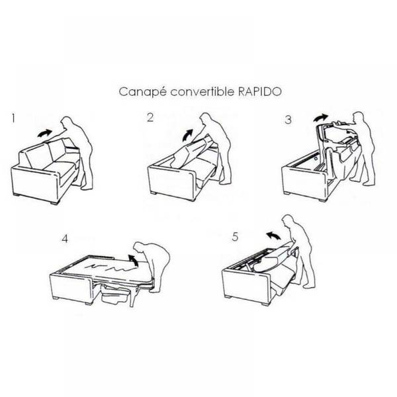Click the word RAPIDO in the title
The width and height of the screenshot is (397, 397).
point(260,91)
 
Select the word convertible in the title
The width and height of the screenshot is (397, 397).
point(202,91)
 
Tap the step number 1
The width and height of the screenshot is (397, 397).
point(13,118)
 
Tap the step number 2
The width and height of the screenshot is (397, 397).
point(150,118)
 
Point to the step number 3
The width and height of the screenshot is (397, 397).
point(288,120)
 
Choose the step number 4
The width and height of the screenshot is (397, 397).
point(65,238)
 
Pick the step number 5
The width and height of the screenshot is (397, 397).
point(235,236)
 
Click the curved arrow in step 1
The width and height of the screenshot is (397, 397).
point(44,133)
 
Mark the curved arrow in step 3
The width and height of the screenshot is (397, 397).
point(320,118)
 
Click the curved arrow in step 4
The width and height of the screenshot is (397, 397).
point(133,260)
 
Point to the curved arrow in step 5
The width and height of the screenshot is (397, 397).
point(273,235)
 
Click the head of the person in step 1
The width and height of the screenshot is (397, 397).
point(67,122)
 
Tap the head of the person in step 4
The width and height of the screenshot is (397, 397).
point(139,248)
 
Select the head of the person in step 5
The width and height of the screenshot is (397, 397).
point(288,221)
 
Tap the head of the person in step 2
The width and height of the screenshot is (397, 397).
point(205,119)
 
